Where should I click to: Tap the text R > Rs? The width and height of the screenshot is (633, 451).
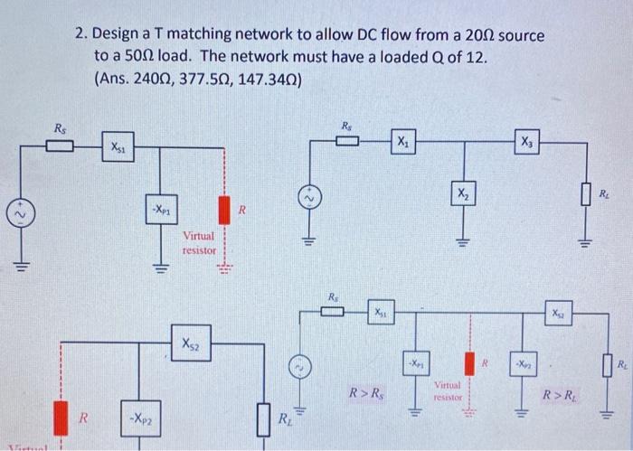coord(370,393)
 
